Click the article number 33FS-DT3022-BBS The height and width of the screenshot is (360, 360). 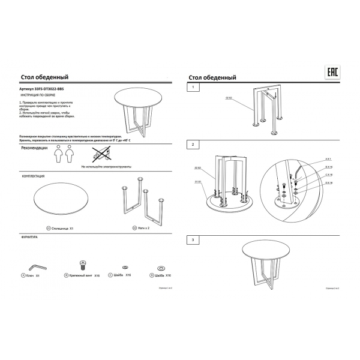coord(41,89)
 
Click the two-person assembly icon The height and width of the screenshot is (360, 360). coord(62,156)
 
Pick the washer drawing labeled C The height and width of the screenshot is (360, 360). coord(124,265)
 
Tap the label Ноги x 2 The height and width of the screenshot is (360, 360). coord(142,229)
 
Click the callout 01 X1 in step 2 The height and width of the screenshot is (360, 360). coord(197,180)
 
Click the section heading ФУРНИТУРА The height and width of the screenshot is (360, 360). coord(30,237)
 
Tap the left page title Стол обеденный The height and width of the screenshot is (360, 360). coord(44,77)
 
